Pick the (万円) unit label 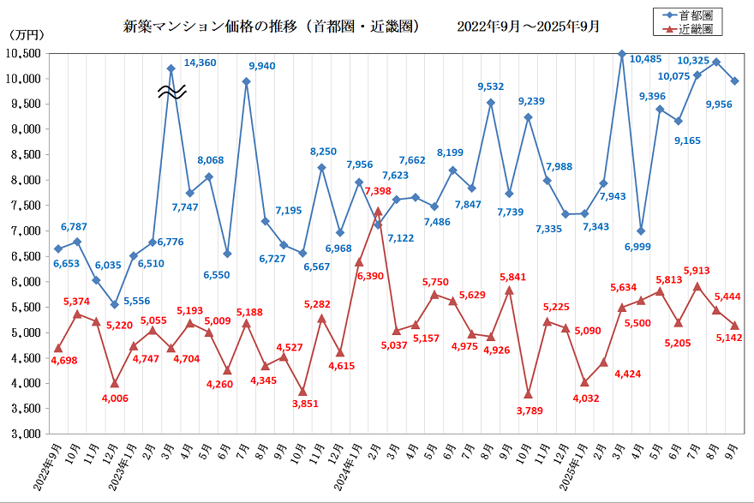click(25, 35)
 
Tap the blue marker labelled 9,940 click(246, 81)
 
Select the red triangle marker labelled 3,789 click(528, 394)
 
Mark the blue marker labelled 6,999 click(641, 231)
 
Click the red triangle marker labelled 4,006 click(114, 383)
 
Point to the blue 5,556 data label click(137, 302)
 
